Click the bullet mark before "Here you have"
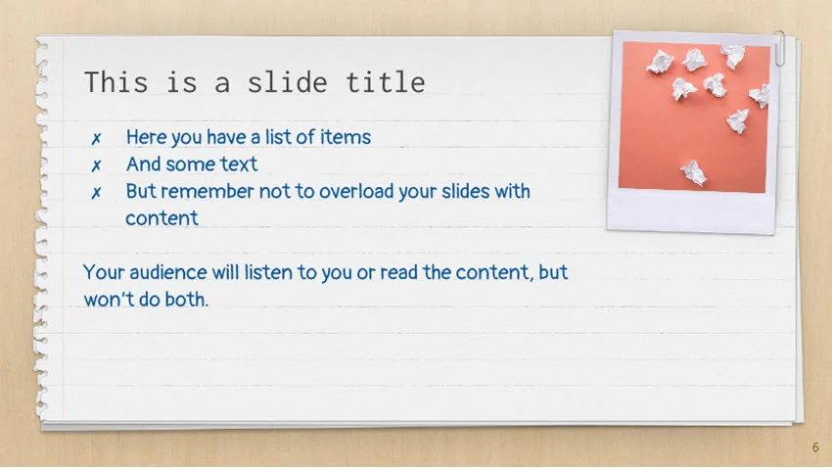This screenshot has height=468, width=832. (x=97, y=138)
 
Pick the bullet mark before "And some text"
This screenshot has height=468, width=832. (x=97, y=165)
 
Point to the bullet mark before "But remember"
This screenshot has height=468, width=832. (x=97, y=192)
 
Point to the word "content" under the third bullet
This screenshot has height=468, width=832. (x=162, y=218)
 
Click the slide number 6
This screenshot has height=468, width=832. (x=815, y=448)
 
